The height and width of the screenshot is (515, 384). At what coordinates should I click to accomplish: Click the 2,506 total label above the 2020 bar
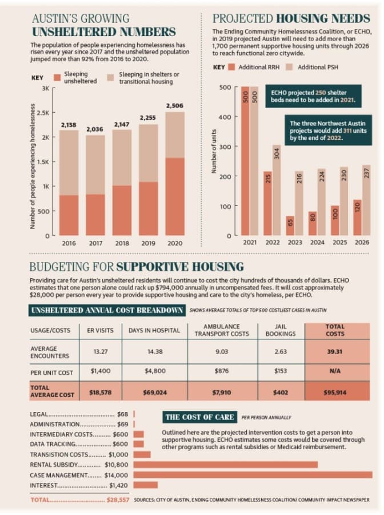(x=174, y=106)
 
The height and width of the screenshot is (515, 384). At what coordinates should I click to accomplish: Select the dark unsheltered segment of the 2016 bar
(x=69, y=215)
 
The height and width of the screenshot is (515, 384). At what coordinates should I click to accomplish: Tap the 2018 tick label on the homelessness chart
(x=122, y=243)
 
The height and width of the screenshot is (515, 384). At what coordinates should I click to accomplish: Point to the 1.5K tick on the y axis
(x=43, y=161)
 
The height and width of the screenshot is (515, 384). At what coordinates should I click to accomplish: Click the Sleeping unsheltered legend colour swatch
(x=57, y=77)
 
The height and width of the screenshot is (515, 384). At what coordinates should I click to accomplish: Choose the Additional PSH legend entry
(x=312, y=67)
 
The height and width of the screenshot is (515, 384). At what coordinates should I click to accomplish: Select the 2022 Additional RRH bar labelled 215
(x=267, y=203)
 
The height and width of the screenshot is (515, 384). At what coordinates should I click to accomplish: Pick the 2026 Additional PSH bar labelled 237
(x=366, y=200)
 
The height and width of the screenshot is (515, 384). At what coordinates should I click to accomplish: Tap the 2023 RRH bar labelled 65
(x=290, y=225)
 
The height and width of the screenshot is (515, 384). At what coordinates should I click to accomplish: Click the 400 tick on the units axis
(x=225, y=117)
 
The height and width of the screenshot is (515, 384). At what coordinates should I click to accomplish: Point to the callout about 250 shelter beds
(x=313, y=96)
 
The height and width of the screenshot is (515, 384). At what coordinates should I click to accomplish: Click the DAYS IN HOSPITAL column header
(x=154, y=330)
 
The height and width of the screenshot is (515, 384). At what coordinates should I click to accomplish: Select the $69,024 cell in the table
(x=155, y=392)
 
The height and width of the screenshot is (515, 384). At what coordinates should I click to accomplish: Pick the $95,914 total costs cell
(x=335, y=392)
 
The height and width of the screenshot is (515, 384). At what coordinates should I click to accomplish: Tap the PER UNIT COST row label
(x=51, y=373)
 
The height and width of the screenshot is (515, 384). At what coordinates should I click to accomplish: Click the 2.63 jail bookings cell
(x=281, y=351)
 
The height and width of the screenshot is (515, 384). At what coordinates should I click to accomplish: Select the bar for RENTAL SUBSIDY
(x=226, y=465)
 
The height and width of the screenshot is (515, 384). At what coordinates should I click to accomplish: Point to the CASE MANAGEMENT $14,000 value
(x=117, y=475)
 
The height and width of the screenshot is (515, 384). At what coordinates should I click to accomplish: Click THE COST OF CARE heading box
(x=199, y=417)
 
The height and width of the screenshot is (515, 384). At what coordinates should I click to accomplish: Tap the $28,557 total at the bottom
(x=118, y=500)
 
